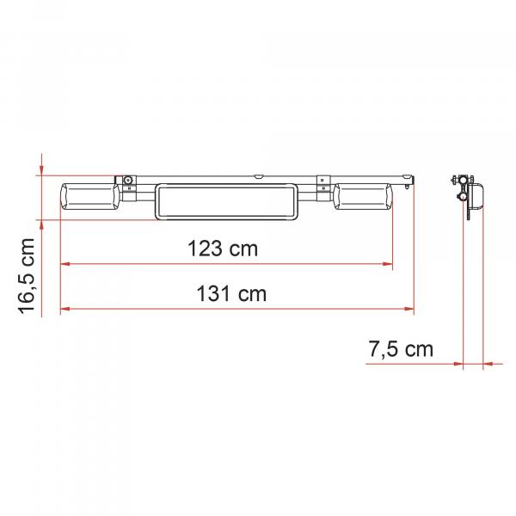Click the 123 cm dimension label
(223, 249)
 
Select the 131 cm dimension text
(231, 293)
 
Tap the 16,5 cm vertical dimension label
(26, 276)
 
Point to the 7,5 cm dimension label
(401, 349)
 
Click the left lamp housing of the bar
(89, 198)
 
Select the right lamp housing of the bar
(363, 197)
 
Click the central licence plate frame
(226, 201)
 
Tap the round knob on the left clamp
(128, 181)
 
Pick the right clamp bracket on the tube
(323, 188)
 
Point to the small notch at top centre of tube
(258, 176)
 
